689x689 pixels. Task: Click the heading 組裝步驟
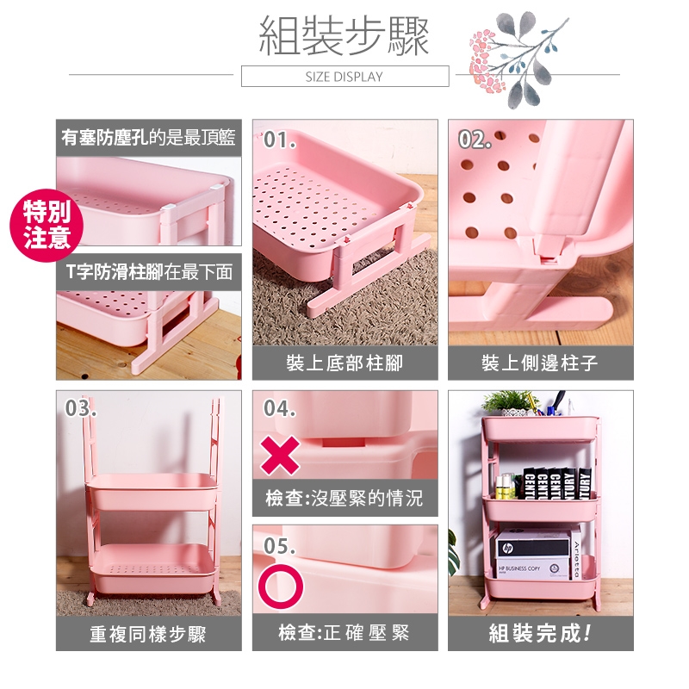(344, 36)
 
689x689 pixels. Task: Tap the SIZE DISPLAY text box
(345, 76)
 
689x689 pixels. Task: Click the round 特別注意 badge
(47, 225)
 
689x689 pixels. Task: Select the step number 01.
(279, 140)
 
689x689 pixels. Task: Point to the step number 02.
(475, 140)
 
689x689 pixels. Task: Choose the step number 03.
(80, 408)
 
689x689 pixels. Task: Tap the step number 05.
(279, 546)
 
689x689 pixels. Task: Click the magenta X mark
(280, 456)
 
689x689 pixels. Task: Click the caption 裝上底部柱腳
(344, 363)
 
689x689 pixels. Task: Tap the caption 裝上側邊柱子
(540, 363)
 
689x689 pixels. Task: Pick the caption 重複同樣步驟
(148, 634)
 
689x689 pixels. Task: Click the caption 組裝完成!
(540, 633)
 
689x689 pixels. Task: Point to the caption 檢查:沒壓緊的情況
(344, 499)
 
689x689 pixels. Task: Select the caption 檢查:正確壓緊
(344, 633)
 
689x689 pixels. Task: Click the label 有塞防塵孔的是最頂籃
(148, 138)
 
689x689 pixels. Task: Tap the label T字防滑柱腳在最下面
(149, 271)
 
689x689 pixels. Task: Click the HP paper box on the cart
(533, 555)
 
